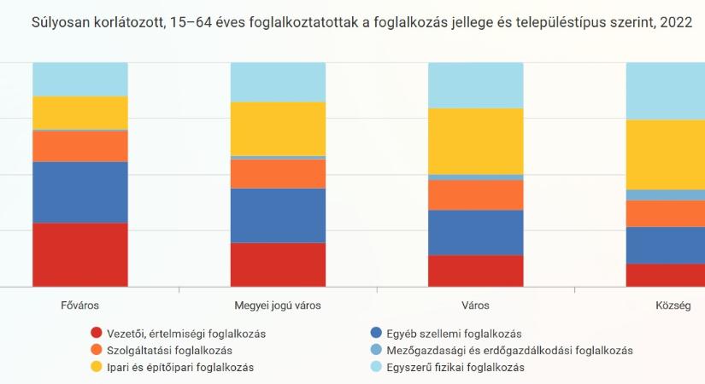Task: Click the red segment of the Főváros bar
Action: [79, 254]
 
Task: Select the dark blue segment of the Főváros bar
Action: [79, 192]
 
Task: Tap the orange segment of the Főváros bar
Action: [79, 146]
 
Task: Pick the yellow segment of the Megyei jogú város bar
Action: [278, 128]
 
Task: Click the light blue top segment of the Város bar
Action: [475, 85]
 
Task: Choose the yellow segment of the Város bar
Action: [475, 141]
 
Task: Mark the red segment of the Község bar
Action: [665, 275]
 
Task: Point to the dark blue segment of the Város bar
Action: [475, 232]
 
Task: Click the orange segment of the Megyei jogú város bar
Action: [278, 174]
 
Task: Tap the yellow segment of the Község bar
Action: [665, 154]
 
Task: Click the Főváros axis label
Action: [79, 305]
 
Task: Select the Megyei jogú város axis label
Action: [278, 305]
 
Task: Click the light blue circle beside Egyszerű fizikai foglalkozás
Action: [377, 368]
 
